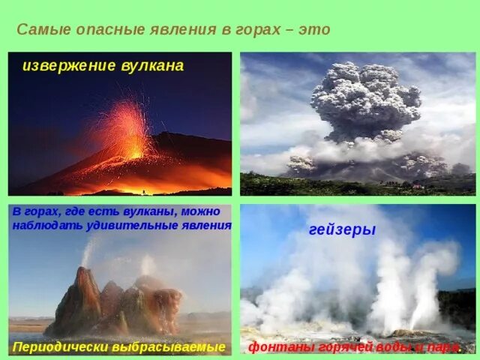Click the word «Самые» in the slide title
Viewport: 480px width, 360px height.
40,30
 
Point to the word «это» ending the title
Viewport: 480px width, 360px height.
314,30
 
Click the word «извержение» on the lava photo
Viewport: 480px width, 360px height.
67,66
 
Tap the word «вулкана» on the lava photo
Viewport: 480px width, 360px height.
149,66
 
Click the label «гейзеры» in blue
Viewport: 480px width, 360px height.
342,230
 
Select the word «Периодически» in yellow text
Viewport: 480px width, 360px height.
58,347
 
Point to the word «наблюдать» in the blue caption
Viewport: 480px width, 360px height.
47,224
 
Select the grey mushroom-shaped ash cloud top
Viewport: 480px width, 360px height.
365,97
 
